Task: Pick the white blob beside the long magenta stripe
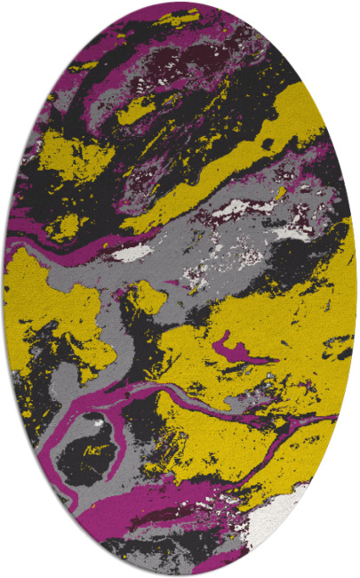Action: point(133,253)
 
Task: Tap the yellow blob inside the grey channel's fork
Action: point(147,298)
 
